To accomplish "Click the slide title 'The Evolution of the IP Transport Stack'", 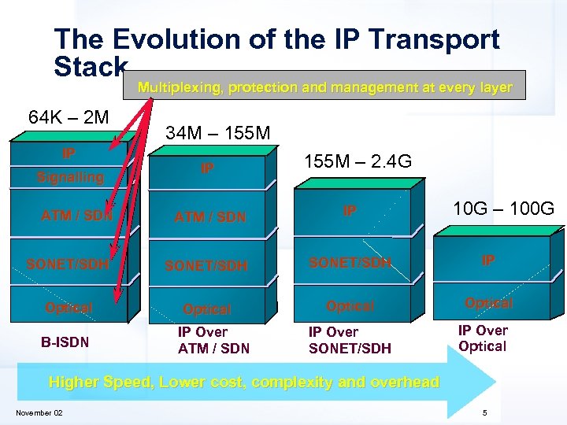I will tap(276, 51).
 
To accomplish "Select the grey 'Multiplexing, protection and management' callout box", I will tap(324, 87).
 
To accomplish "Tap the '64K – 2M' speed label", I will tap(69, 118).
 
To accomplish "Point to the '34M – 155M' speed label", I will tap(218, 135).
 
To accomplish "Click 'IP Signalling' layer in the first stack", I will tap(70, 166).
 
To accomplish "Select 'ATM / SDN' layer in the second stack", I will tap(210, 217).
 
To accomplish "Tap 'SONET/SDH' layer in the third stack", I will tap(350, 263).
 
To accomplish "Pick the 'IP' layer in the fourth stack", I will tap(488, 261).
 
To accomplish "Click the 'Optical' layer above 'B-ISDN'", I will tap(69, 308).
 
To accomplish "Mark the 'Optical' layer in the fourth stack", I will tap(488, 303).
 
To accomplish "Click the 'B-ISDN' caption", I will tap(65, 342).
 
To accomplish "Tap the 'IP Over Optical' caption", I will tap(483, 338).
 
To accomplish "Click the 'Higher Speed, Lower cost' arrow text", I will tap(244, 382).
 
